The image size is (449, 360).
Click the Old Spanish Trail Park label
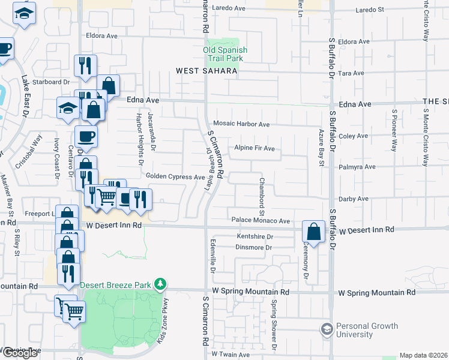[225, 55]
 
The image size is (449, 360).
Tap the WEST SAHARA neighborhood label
[206, 71]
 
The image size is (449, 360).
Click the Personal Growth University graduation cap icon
[327, 328]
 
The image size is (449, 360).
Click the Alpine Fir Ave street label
[254, 148]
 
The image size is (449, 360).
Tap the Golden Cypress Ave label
[176, 176]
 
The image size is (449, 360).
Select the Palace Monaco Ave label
[261, 220]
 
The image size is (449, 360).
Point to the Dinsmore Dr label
[254, 247]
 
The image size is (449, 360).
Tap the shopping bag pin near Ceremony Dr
[314, 232]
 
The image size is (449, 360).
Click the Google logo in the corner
[20, 353]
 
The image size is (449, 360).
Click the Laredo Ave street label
[231, 8]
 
